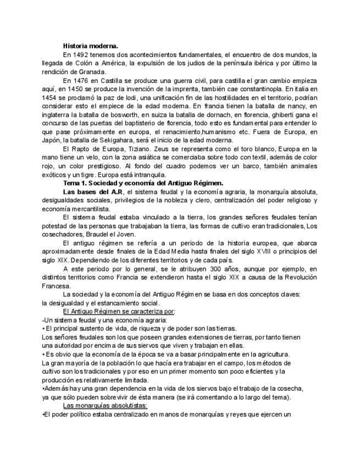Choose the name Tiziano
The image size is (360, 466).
pyautogui.click(x=146, y=148)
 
